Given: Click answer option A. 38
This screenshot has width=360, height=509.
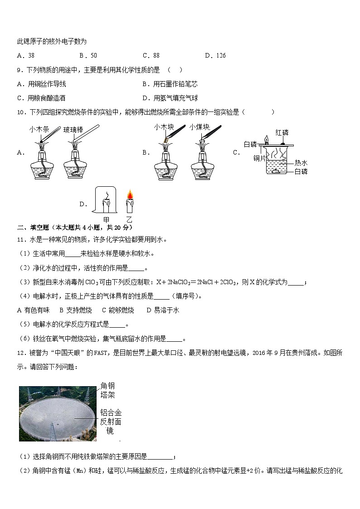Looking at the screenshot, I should click(x=25, y=56).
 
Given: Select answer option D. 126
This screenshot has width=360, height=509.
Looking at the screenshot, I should click(x=215, y=56).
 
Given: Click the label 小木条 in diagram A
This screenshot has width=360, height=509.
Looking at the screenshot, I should click(x=39, y=129).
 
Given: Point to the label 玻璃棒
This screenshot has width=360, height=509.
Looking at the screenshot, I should click(x=73, y=130).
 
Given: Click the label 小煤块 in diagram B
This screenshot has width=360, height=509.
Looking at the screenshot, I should click(x=199, y=127).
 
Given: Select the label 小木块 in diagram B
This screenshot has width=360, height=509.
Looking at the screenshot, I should click(x=164, y=127).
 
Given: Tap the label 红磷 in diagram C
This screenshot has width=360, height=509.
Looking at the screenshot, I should click(x=282, y=132).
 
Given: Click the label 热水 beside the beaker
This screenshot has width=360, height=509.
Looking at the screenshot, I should click(x=301, y=163).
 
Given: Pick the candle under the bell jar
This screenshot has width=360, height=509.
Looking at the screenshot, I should click(x=107, y=205).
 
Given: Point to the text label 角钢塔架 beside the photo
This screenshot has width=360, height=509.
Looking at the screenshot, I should click(x=108, y=390).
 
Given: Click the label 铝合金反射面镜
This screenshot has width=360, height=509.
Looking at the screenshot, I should click(x=111, y=422).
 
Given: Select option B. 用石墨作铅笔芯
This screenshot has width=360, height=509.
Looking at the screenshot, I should click(x=170, y=84).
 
